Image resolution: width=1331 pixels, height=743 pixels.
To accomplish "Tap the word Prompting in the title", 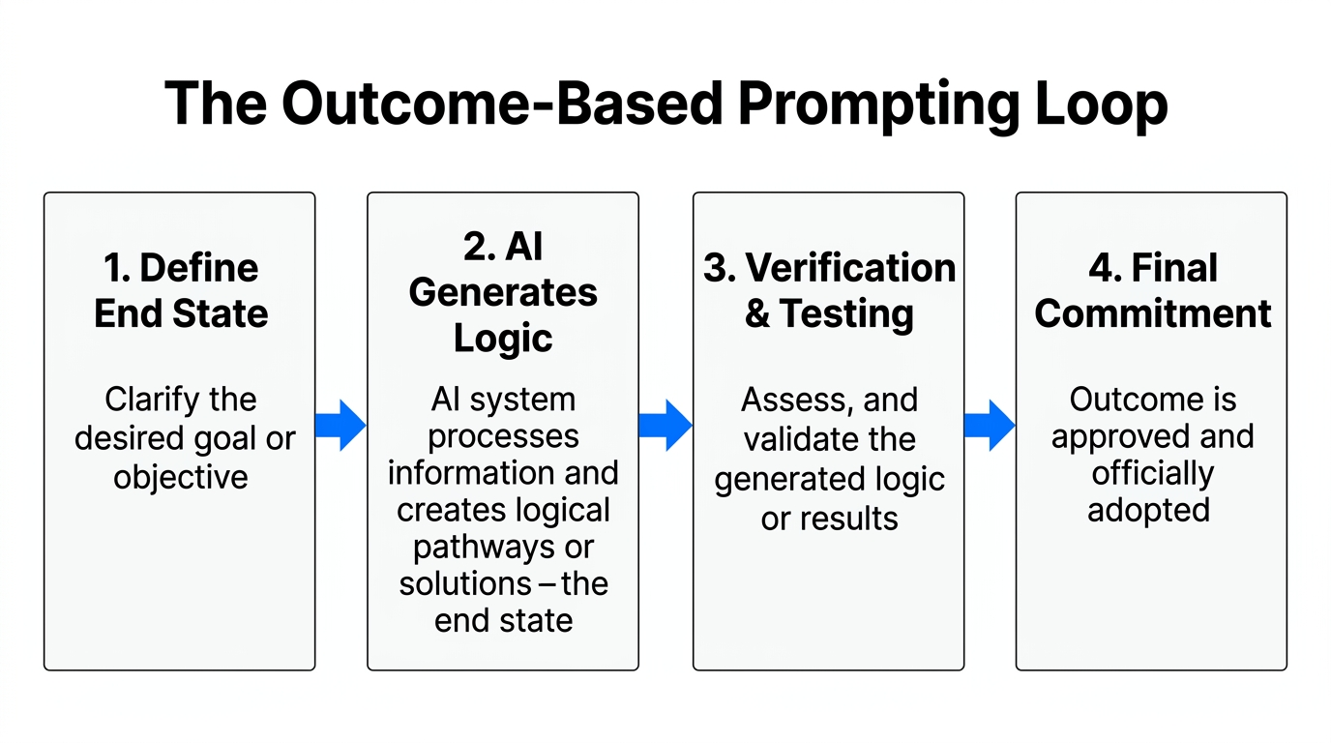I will (866, 104).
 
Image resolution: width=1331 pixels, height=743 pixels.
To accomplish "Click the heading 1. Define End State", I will (181, 290).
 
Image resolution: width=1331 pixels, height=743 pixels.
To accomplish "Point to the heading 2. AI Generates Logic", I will (503, 292).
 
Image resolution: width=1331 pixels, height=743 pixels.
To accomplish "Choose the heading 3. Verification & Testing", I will (829, 290).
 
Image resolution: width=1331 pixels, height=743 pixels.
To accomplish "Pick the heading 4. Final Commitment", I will (1152, 290).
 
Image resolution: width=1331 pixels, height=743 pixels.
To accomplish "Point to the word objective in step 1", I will (181, 477).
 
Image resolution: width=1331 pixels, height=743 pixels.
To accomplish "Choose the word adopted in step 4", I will (1149, 510).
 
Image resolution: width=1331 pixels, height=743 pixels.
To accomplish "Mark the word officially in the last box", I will (1152, 474).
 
